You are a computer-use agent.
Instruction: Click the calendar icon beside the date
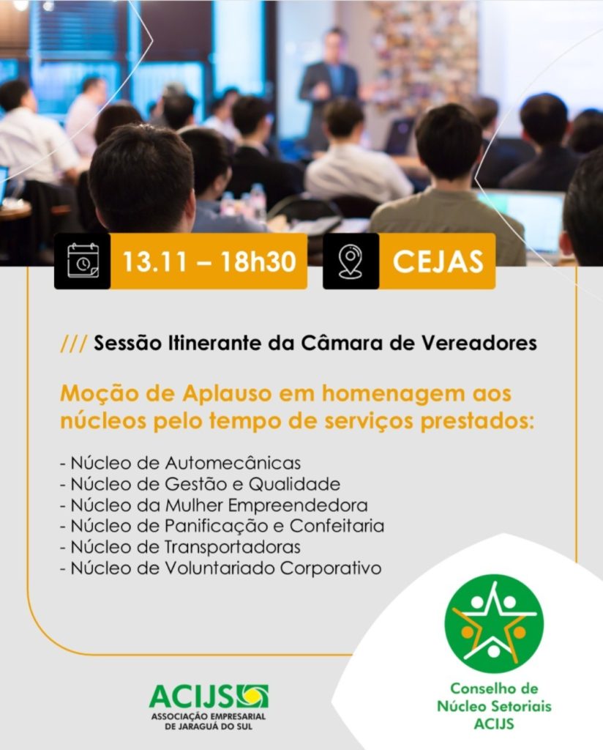(83, 261)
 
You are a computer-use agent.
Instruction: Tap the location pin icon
(351, 261)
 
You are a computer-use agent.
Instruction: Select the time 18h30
(258, 261)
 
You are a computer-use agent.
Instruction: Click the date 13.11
(156, 261)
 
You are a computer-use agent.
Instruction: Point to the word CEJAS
(438, 261)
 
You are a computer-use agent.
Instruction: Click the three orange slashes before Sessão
(74, 344)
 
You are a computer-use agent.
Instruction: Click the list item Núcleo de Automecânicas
(181, 463)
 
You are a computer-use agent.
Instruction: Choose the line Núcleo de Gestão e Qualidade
(201, 484)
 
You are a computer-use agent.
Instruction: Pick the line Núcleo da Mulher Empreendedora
(214, 505)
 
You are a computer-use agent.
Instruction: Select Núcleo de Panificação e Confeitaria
(222, 526)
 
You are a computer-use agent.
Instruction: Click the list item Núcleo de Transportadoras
(181, 546)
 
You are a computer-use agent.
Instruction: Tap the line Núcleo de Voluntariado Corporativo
(221, 568)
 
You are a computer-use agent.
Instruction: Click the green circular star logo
(494, 623)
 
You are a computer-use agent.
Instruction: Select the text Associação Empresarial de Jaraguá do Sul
(209, 721)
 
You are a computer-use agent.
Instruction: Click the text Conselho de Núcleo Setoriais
(494, 697)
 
